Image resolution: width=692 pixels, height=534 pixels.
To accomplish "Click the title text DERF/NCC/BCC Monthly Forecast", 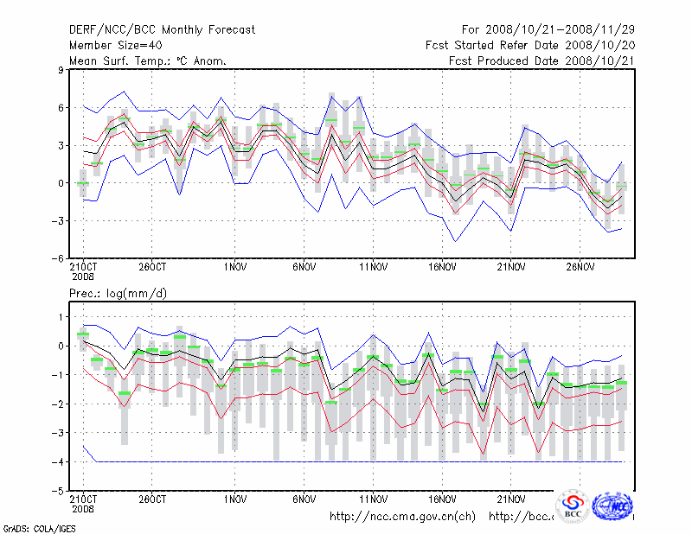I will click(162, 30).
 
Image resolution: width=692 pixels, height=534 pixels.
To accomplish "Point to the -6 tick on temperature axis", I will click(59, 257).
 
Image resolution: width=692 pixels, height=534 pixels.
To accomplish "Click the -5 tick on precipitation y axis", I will click(59, 491).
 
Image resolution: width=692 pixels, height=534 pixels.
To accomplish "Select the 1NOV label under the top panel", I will click(235, 268).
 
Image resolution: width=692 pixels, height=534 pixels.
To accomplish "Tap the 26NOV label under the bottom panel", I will click(582, 499).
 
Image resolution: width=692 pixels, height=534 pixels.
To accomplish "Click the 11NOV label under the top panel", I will click(373, 268).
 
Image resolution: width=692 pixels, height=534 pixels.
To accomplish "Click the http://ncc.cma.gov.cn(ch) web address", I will click(403, 517).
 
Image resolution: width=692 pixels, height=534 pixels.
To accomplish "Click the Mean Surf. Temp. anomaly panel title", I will click(148, 61).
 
